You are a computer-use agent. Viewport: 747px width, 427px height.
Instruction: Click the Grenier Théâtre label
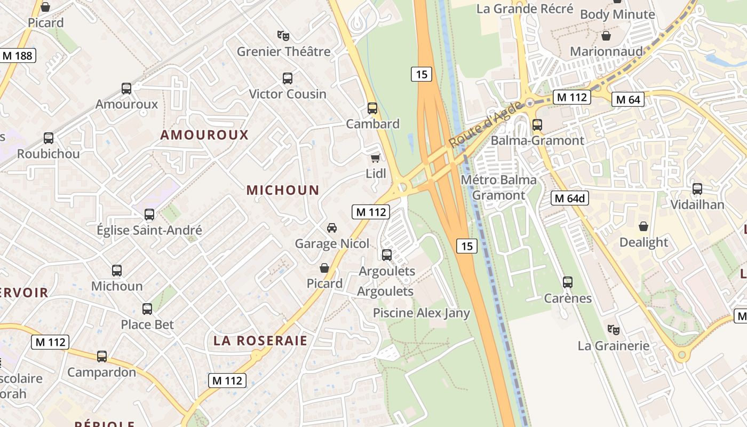point(283,52)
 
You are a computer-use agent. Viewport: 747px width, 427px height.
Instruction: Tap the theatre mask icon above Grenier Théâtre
point(283,36)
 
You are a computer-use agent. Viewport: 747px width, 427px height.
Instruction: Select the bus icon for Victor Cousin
point(288,78)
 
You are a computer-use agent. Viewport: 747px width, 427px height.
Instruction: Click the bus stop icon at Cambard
point(372,108)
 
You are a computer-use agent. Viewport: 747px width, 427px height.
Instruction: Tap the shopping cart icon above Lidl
point(376,158)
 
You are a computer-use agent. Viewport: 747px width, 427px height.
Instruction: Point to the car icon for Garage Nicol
point(332,228)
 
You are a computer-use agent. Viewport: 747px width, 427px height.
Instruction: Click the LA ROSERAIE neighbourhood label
point(260,341)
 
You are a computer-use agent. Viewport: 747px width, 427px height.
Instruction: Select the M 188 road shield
point(18,56)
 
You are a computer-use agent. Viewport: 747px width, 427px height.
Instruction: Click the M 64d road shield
point(570,199)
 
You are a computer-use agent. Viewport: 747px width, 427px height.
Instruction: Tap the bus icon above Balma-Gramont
point(537,125)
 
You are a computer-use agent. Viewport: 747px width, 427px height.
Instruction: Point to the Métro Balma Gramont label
point(498,187)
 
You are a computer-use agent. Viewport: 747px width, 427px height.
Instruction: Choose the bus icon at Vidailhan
point(697,189)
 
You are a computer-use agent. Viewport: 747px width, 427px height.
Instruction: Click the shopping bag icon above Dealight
point(643,226)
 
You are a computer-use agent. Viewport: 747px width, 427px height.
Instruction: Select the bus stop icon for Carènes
point(568,282)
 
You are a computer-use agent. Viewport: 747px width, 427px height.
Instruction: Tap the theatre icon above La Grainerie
point(613,330)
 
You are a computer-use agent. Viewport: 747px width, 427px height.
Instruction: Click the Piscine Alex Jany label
point(421,313)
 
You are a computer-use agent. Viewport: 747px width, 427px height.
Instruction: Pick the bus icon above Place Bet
point(147,309)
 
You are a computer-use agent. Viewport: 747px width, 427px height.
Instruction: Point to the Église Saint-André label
point(149,231)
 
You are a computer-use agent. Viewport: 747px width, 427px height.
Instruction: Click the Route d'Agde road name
point(485,125)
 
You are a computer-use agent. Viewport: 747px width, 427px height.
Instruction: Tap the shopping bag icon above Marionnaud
point(606,36)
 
